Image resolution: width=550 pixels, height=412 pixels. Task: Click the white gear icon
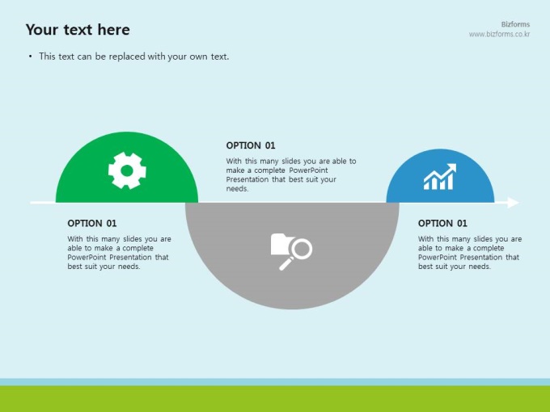[x=127, y=170]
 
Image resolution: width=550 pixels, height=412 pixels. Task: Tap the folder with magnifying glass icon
[x=291, y=251]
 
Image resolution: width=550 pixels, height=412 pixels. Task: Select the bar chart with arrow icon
[x=440, y=177]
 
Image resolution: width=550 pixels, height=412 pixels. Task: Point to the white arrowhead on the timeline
[x=513, y=203]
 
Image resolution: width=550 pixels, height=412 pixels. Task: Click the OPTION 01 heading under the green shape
[x=92, y=223]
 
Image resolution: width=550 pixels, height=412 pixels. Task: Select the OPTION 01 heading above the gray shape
[x=251, y=145]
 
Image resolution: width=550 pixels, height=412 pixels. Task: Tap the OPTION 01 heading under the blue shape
[x=442, y=223]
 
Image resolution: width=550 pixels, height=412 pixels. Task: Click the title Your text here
[x=78, y=29]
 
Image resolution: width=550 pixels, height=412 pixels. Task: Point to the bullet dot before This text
[x=31, y=57]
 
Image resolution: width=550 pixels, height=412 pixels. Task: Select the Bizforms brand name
[x=515, y=24]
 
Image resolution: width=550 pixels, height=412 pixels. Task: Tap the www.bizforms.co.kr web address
[x=499, y=34]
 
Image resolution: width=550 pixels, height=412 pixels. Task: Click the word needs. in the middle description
[x=237, y=188]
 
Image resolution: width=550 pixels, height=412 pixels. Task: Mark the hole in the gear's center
[x=127, y=170]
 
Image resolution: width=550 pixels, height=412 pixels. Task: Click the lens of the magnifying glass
[x=302, y=249]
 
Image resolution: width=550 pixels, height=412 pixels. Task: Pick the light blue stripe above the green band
[x=275, y=382]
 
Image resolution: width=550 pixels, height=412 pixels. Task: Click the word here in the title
[x=114, y=29]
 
